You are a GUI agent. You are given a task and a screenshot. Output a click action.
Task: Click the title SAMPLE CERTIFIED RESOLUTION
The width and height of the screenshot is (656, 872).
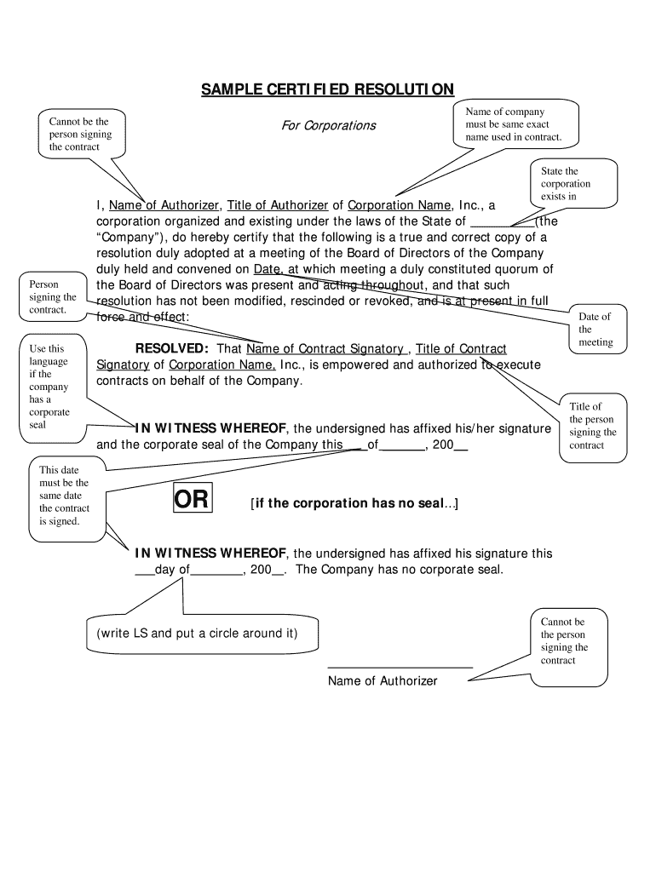tap(327, 89)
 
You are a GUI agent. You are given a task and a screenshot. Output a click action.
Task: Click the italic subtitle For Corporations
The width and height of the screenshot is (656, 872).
tap(328, 126)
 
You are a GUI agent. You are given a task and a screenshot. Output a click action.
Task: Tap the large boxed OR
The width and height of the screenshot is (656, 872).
tap(192, 500)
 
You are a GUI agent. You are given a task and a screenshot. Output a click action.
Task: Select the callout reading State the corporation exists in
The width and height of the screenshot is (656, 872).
tap(566, 184)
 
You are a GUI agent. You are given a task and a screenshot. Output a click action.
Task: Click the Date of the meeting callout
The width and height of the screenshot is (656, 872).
tap(596, 330)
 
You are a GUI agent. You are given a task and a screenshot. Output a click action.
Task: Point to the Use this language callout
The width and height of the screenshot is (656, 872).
tap(49, 387)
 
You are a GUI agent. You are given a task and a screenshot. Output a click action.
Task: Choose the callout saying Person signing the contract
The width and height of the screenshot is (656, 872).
tap(53, 297)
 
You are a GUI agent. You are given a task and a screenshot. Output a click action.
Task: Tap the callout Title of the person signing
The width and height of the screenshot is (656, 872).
tap(592, 426)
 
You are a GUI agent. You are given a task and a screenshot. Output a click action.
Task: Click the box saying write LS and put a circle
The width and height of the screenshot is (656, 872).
tap(197, 634)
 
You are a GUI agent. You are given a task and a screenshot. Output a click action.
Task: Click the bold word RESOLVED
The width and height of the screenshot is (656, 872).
tap(172, 349)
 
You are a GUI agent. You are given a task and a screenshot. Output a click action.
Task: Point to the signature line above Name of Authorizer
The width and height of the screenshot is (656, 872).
tap(400, 668)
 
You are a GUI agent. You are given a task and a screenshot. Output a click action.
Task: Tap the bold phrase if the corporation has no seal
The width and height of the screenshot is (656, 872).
tap(354, 503)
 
